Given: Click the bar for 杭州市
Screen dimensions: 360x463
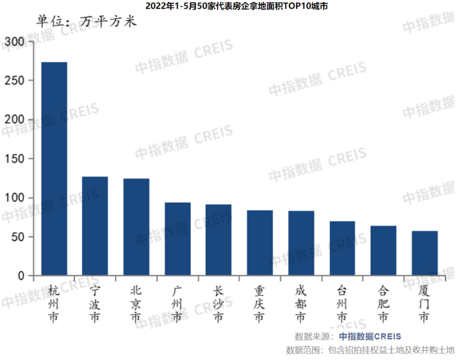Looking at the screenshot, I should point(54,169).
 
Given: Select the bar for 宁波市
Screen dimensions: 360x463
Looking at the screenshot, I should point(95,226).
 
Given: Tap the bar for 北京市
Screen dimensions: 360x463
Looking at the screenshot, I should point(136,227).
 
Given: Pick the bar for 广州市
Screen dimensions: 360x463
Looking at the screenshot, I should point(178,239).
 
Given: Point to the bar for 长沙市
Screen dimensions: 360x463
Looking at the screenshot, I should point(218,240).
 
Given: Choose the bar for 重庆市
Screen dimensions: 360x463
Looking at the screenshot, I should point(260,243).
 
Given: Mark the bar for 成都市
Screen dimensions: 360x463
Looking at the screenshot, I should point(301,244).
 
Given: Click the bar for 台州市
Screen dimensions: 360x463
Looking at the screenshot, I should point(342,249).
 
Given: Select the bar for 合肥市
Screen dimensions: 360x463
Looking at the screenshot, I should point(383,250).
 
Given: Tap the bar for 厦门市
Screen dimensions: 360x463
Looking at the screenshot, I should point(424,254).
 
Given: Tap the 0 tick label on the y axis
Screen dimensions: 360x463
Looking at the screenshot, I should point(21,276).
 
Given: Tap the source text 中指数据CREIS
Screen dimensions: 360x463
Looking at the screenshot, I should point(370,336).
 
